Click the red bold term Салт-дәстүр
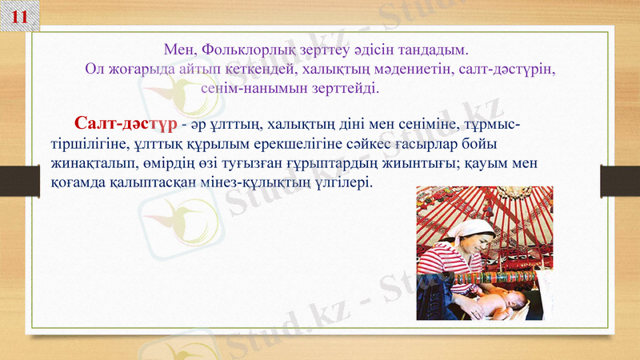click(x=125, y=124)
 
